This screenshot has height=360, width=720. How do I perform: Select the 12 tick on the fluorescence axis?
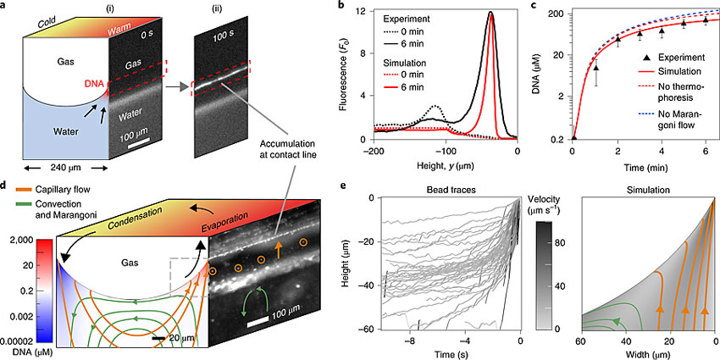coord(363,12)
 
